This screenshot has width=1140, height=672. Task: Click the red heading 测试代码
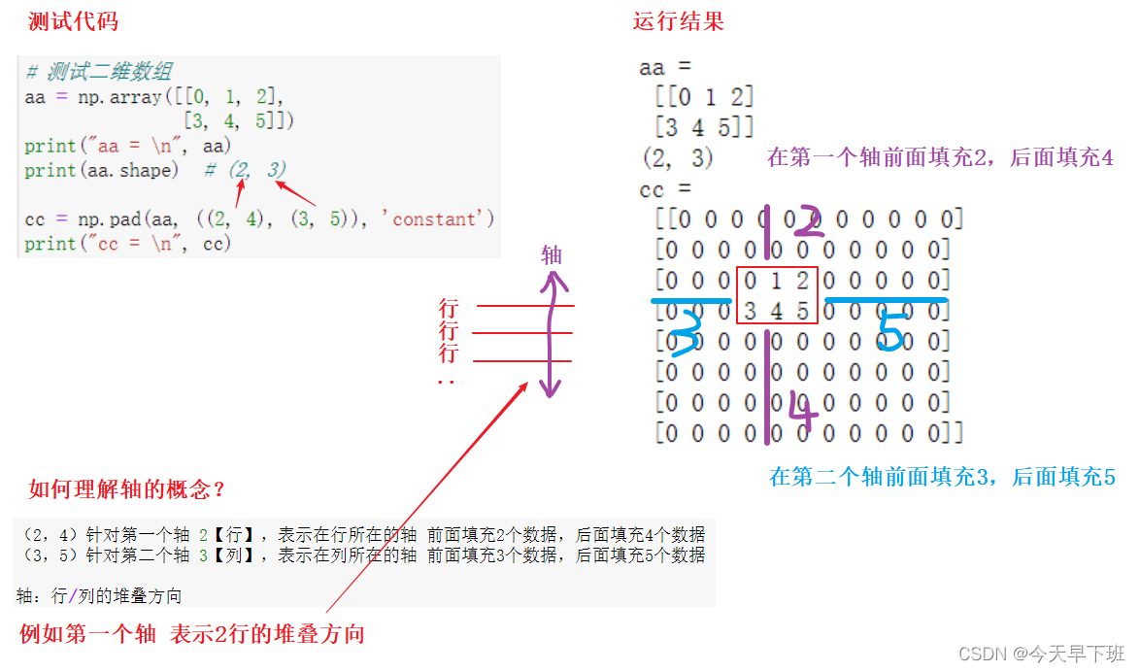tap(74, 21)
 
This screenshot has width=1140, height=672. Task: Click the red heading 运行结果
tap(678, 21)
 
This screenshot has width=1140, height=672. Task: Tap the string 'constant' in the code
tap(444, 219)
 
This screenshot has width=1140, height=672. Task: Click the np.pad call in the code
tap(103, 219)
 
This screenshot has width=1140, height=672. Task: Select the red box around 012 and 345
tap(777, 295)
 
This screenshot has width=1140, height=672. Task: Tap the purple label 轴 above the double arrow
tap(552, 255)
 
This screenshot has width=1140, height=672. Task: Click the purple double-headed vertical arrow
tap(552, 335)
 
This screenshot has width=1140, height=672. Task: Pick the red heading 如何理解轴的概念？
tap(126, 488)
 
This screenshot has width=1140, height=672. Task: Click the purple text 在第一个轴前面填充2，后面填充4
tap(940, 157)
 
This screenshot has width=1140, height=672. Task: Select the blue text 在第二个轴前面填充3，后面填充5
tap(942, 477)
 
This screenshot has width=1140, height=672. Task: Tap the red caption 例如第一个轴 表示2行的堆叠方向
tap(192, 635)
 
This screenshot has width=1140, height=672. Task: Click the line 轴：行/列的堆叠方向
tap(99, 595)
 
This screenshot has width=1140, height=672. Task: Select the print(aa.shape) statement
tap(102, 171)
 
